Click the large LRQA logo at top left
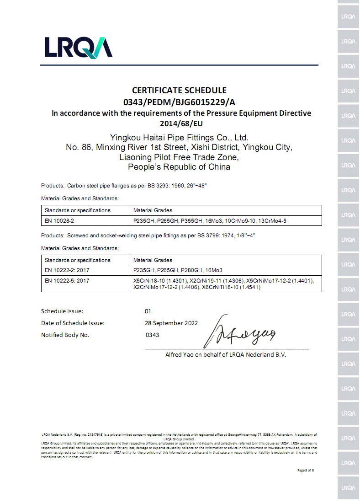tap(78, 47)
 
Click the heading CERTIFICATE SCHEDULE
tap(179, 91)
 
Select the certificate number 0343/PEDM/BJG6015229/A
tap(179, 102)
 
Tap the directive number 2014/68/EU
tap(180, 123)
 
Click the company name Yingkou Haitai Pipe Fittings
tap(179, 137)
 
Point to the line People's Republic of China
tap(179, 167)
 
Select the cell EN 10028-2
tap(60, 220)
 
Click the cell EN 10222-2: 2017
tap(67, 270)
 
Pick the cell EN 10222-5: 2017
tap(67, 280)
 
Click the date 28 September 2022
tap(171, 323)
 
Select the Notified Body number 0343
tap(152, 335)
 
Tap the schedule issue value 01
tap(148, 311)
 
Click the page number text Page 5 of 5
tap(306, 470)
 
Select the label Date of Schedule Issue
tap(73, 323)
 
